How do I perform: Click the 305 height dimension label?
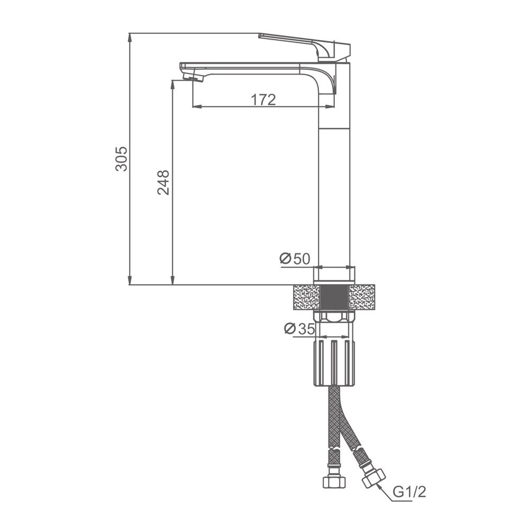(x=122, y=159)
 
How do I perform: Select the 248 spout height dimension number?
(x=163, y=183)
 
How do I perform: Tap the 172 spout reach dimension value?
(x=263, y=99)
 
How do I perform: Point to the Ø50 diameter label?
(x=295, y=259)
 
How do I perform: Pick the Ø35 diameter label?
(x=299, y=329)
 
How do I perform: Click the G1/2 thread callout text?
(x=409, y=492)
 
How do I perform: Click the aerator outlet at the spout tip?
(x=194, y=78)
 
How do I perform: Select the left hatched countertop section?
(x=307, y=297)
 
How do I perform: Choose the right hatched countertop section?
(x=362, y=297)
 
